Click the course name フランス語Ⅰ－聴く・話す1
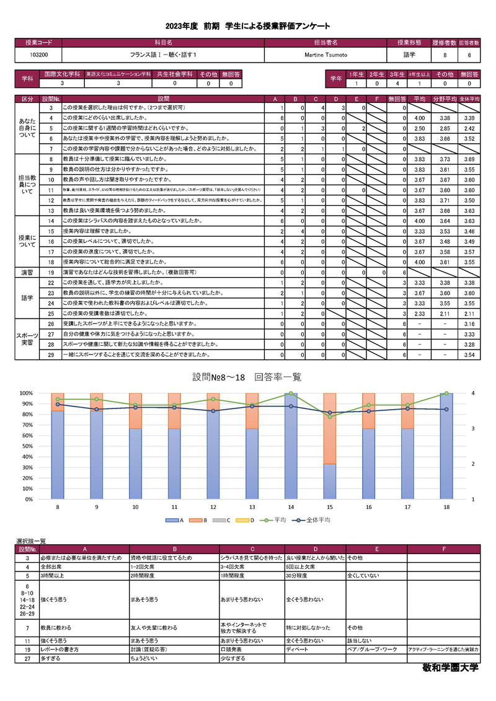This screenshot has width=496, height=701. [163, 55]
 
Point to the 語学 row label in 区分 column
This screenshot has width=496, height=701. [27, 298]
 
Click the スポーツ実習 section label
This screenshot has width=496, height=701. [27, 339]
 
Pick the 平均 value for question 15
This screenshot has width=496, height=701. [418, 231]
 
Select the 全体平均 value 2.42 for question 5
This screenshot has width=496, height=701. [469, 128]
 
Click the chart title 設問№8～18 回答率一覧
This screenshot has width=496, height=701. [247, 377]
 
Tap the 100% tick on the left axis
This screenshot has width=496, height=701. [26, 393]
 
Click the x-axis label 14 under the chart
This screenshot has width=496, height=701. [291, 507]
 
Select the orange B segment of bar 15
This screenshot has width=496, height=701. [329, 428]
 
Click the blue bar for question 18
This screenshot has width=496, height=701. [446, 446]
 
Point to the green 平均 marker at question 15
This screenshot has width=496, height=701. [329, 417]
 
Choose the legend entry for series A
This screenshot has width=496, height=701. [174, 521]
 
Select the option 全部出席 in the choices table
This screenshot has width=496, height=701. [51, 567]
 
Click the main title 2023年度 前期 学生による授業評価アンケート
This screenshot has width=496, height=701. [247, 26]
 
